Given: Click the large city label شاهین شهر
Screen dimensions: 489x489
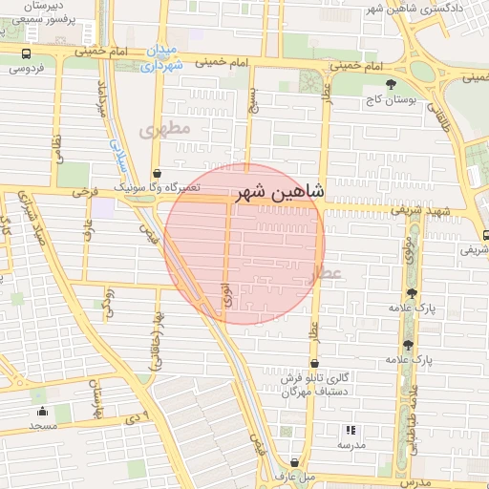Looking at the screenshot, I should click(284, 191).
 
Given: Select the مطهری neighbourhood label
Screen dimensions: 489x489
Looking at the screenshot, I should click(166, 128).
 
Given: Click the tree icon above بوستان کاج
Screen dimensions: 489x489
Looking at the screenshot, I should click(392, 84).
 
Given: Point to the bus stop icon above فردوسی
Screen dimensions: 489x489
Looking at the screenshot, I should click(25, 54).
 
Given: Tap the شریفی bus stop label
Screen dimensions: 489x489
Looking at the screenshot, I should click(472, 249).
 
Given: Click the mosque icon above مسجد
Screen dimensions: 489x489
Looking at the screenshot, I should click(42, 411).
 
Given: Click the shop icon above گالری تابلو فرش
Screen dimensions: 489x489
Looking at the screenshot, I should click(315, 363).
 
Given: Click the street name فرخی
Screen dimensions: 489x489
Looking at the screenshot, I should click(84, 191).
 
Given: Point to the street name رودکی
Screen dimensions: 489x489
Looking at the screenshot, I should click(108, 302).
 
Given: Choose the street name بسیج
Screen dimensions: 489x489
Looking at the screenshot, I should click(251, 100).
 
